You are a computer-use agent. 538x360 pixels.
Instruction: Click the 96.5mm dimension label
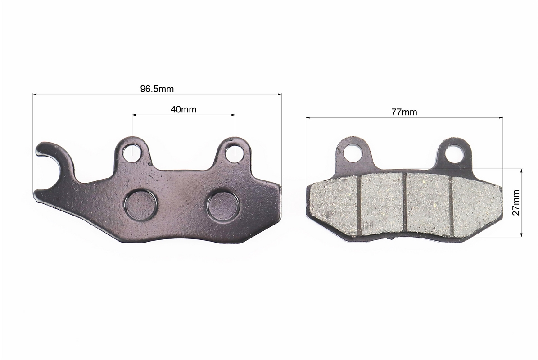[x=157, y=89]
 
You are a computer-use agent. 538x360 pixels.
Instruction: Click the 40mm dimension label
[x=183, y=109]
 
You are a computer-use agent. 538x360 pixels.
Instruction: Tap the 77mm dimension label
[x=404, y=112]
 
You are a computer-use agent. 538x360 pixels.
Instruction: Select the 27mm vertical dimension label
[x=516, y=202]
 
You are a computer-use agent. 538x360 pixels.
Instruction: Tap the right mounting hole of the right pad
[x=455, y=153]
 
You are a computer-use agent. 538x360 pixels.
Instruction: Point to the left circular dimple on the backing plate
[x=141, y=206]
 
